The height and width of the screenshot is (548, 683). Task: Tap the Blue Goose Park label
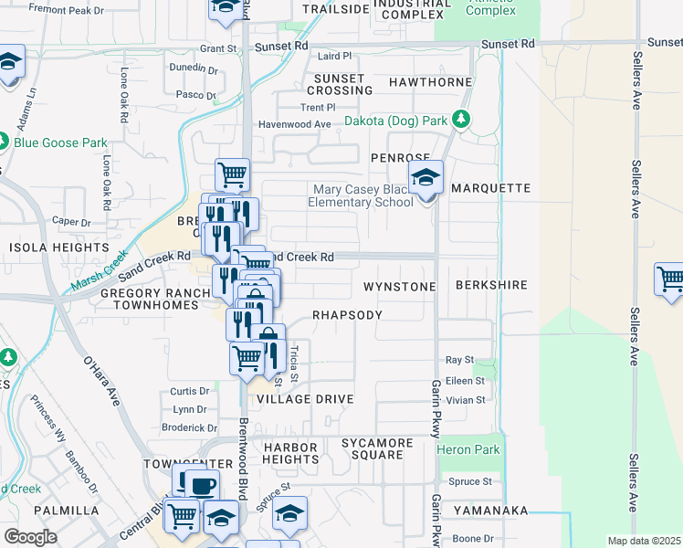tap(60, 142)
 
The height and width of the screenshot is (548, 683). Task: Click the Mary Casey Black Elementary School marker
tap(426, 178)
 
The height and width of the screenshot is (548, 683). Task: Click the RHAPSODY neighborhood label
tap(347, 314)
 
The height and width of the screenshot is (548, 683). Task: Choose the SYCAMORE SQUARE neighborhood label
tap(372, 448)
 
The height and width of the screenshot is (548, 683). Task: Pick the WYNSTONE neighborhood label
tap(399, 286)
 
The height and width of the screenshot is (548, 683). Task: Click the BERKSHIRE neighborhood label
tap(493, 285)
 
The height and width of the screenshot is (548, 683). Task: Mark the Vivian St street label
tap(466, 400)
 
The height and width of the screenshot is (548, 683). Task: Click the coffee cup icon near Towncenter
tap(204, 485)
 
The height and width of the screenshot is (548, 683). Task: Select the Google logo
tap(30, 537)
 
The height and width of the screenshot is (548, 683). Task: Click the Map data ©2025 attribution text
tap(643, 541)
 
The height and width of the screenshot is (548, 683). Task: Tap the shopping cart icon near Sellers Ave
tap(670, 279)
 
